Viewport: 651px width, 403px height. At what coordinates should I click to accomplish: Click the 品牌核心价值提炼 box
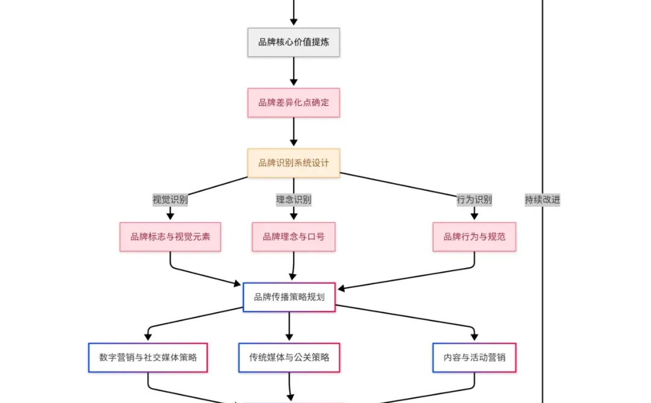(294, 42)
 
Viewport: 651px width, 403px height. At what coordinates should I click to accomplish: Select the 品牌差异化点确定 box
(294, 102)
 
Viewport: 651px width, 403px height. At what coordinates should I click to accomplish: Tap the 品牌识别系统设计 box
(294, 163)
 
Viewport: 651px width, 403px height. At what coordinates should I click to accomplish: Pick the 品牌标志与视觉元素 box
(170, 237)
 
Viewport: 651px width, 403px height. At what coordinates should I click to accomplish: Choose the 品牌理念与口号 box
(294, 237)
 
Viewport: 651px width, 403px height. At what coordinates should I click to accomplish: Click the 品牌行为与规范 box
(474, 237)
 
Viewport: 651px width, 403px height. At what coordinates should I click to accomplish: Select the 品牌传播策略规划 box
(289, 297)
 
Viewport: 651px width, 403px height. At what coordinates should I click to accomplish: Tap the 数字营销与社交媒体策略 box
(148, 358)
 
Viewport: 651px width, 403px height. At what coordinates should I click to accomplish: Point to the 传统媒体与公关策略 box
(289, 358)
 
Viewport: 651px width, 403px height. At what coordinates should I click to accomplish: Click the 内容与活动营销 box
(474, 358)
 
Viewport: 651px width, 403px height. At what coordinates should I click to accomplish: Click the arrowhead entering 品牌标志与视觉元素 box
(170, 217)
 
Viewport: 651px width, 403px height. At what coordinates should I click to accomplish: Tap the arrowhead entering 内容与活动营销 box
(474, 337)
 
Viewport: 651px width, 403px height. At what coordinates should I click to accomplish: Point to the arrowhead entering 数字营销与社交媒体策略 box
(148, 337)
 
